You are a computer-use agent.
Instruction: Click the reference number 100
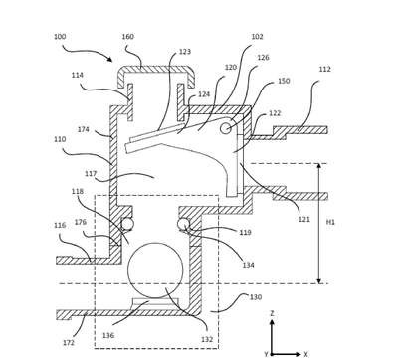[60, 36]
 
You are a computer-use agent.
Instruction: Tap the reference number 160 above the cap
[128, 36]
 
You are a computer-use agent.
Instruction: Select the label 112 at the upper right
[325, 69]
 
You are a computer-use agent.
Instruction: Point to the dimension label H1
[330, 222]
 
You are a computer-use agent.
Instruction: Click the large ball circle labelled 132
[155, 270]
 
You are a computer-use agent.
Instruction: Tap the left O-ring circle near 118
[127, 224]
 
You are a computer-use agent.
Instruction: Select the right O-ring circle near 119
[183, 224]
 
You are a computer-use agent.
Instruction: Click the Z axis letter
[272, 313]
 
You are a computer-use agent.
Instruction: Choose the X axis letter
[305, 354]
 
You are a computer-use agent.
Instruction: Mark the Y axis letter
[266, 354]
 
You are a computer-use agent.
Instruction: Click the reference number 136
[108, 335]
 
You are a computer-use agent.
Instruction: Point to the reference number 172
[69, 342]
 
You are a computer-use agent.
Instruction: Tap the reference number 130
[256, 297]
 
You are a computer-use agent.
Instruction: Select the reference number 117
[91, 174]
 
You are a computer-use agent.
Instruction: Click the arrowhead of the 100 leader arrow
[110, 59]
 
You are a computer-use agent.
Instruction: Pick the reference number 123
[185, 52]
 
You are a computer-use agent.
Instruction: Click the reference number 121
[304, 219]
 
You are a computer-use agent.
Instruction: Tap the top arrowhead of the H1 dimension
[319, 166]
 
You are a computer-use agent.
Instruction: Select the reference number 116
[60, 225]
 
